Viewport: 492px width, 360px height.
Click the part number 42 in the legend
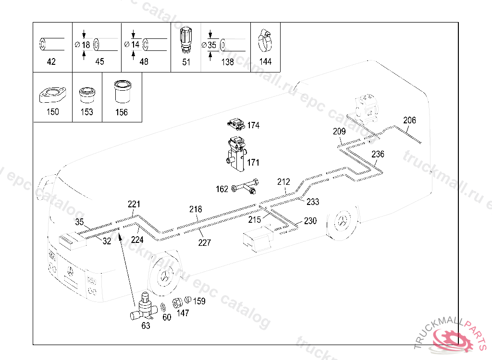pyautogui.click(x=51, y=61)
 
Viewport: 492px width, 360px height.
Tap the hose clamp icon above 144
pyautogui.click(x=265, y=41)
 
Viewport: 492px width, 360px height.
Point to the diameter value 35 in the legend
pyautogui.click(x=212, y=45)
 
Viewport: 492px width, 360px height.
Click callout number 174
pyautogui.click(x=253, y=125)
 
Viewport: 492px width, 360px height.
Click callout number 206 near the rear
pyautogui.click(x=409, y=120)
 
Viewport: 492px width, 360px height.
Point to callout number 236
pyautogui.click(x=378, y=154)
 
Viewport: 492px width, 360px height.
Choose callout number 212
pyautogui.click(x=283, y=182)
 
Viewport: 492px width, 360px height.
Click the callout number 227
pyautogui.click(x=205, y=242)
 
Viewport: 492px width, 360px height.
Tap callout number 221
pyautogui.click(x=134, y=204)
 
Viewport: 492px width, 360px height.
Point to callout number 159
pyautogui.click(x=199, y=301)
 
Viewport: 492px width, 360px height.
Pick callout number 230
pyautogui.click(x=310, y=221)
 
